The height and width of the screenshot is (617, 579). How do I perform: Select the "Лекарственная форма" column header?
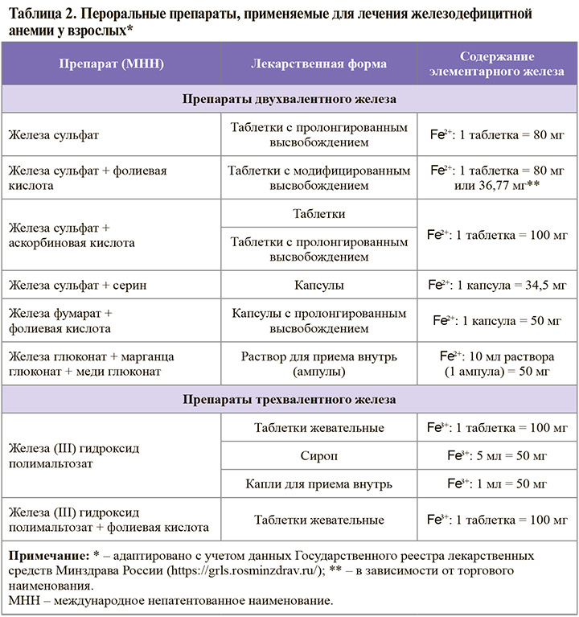click(x=318, y=64)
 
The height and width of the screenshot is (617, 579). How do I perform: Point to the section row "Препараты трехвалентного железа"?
click(x=289, y=399)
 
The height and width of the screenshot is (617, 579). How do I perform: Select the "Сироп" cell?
click(x=318, y=456)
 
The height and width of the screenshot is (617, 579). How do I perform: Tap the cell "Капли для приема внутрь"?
click(x=318, y=484)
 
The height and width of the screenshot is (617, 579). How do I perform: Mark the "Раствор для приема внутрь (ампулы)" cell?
click(x=318, y=364)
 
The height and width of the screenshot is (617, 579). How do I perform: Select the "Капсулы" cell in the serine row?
click(x=318, y=286)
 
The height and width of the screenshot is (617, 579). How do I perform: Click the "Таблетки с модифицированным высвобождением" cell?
click(x=318, y=178)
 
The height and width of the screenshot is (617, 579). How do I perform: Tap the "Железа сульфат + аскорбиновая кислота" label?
click(x=72, y=235)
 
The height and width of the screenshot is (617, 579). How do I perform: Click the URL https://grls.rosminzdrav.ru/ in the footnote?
click(x=240, y=571)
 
